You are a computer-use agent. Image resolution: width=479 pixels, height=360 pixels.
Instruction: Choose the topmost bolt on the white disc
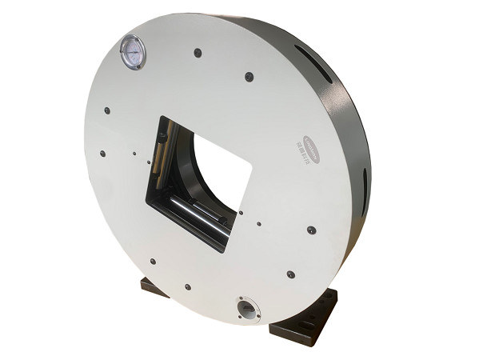pos(197,54)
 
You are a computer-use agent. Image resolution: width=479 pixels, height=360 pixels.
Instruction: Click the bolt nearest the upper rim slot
pos(249,77)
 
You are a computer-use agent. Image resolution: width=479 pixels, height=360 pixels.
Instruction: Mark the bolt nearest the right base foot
pos(290,274)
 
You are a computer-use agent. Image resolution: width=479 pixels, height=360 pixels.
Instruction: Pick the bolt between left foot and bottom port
pos(187,286)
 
